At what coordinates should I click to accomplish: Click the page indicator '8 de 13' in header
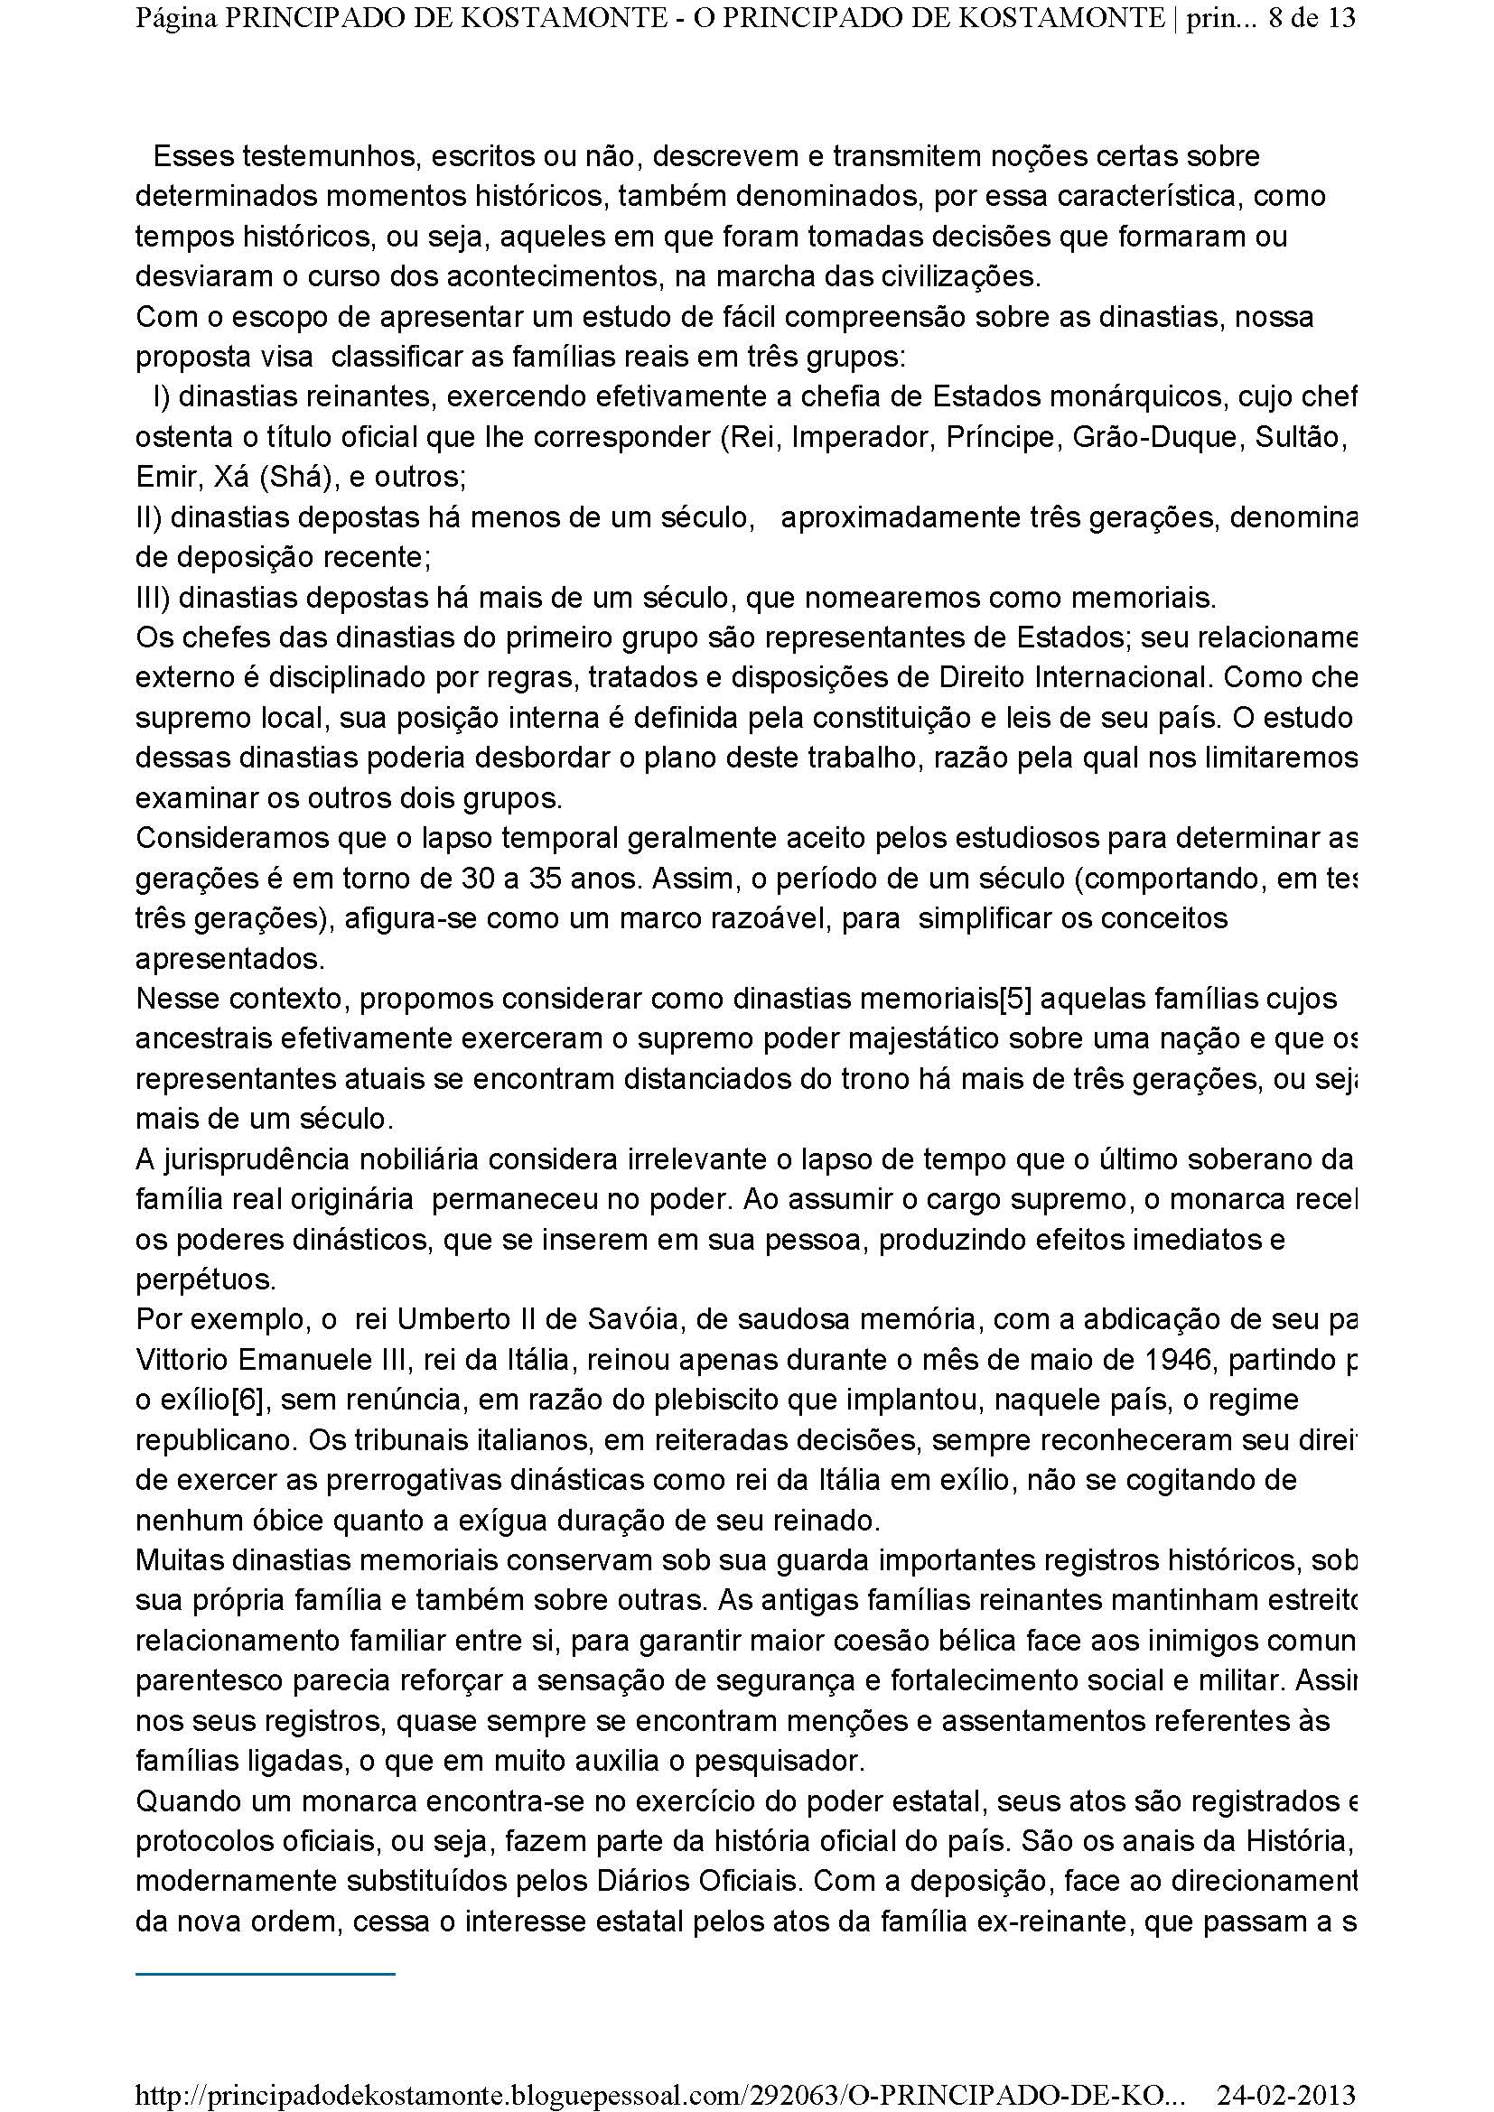coord(1311,19)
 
